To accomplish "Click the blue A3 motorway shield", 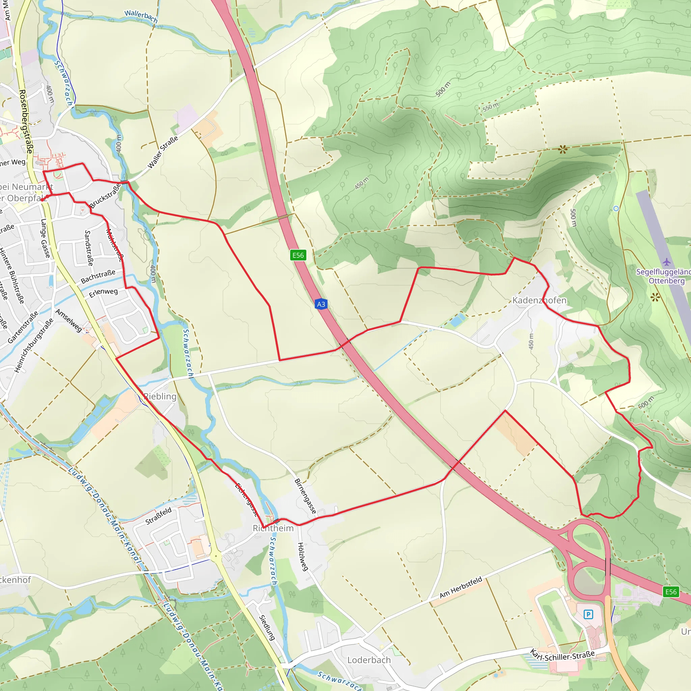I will tap(321, 304).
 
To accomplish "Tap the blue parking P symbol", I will tap(588, 614).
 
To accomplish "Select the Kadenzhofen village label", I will tap(540, 300).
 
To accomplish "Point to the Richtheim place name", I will tap(273, 528).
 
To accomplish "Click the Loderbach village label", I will tap(369, 660).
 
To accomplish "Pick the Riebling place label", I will tap(160, 396).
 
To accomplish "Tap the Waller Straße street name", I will tap(163, 153).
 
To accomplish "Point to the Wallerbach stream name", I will tap(141, 16).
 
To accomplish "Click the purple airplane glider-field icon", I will tap(666, 262).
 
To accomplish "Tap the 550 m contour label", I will tap(490, 107).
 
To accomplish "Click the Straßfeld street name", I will tap(159, 516).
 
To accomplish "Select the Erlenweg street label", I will tap(103, 293).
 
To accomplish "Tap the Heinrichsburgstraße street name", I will tap(34, 345).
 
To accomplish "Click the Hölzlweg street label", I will tap(303, 556).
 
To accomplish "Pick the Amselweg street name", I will tap(69, 321).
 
